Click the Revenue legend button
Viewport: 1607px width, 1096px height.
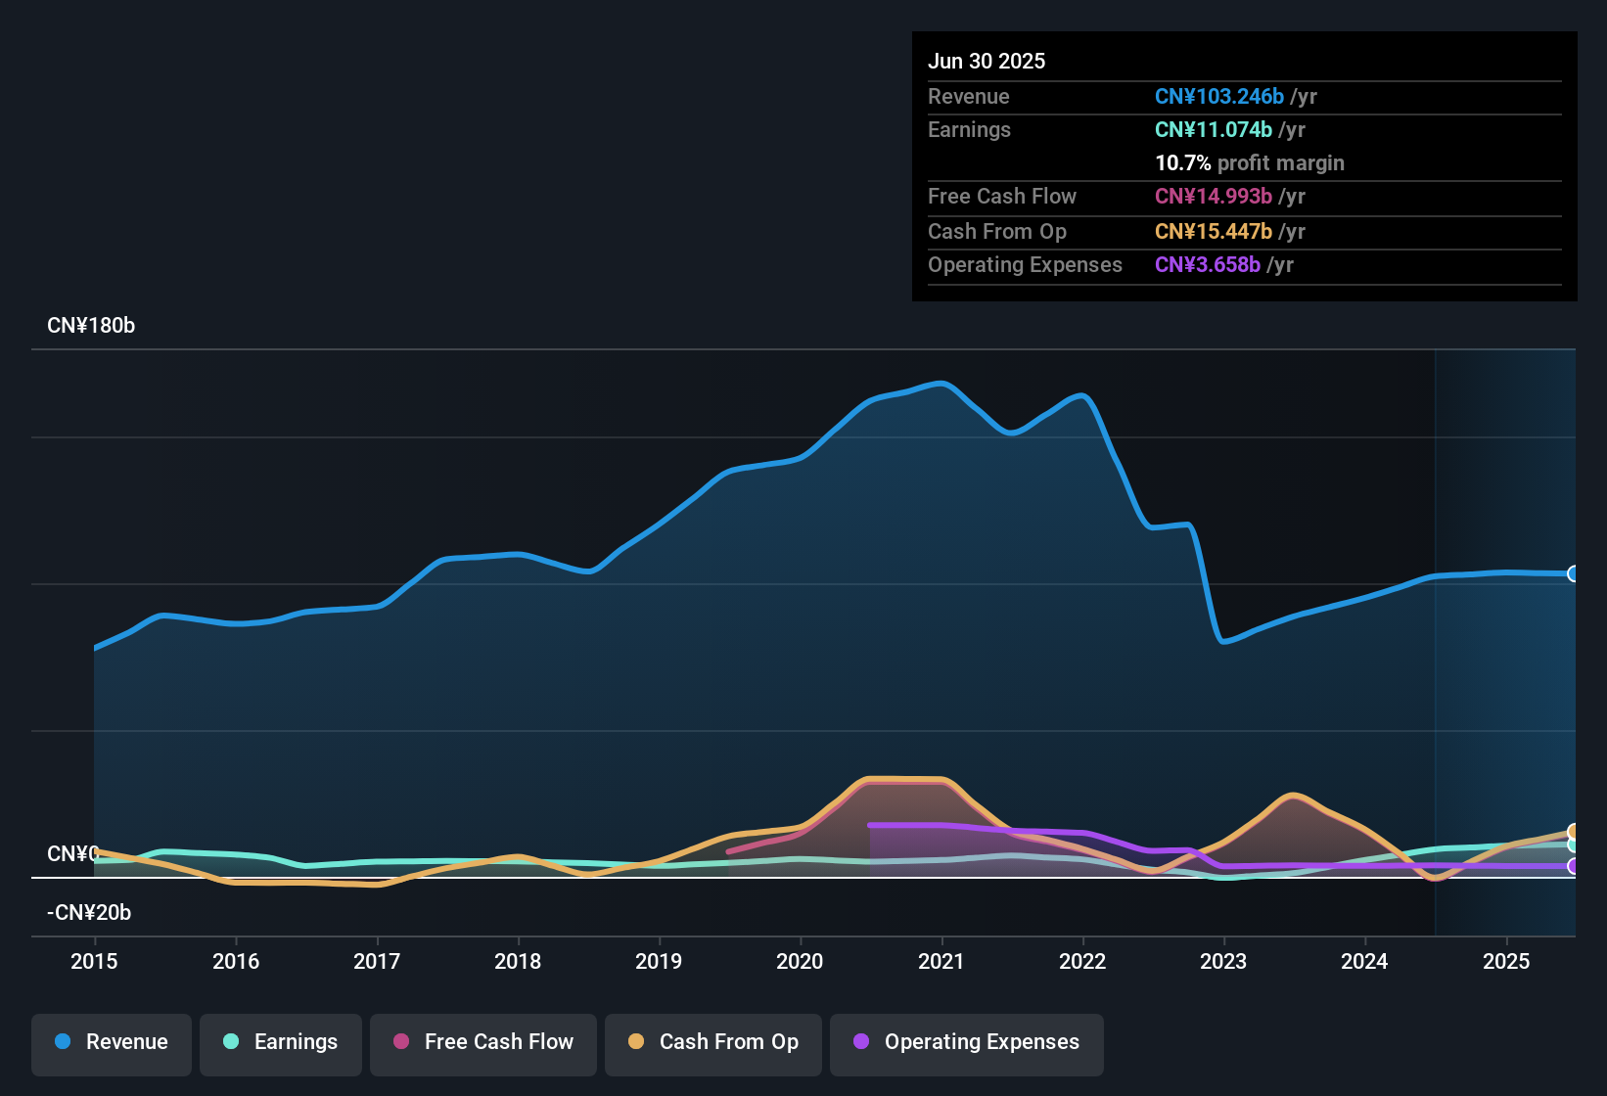112,1042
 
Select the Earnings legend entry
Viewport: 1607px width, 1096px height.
281,1042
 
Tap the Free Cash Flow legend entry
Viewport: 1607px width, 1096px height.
483,1042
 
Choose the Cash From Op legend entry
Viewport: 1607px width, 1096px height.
713,1042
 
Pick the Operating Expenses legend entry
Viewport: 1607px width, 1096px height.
967,1042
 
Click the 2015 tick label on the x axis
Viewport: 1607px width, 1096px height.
94,961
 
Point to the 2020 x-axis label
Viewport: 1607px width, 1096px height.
800,961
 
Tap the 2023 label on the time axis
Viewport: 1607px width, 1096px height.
1223,961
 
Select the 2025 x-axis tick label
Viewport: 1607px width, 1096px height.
1506,961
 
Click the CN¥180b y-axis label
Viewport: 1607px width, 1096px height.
91,326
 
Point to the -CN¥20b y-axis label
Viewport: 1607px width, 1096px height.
89,913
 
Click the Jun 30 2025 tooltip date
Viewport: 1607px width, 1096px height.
987,61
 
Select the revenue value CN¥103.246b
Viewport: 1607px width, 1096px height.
1218,96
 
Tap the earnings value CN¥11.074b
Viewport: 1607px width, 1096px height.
1213,129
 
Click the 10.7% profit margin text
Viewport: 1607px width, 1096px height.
1249,162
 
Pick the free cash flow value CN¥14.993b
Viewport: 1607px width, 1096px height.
1213,196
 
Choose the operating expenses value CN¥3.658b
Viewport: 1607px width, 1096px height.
1207,264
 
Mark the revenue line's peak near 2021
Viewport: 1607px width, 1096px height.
941,384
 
